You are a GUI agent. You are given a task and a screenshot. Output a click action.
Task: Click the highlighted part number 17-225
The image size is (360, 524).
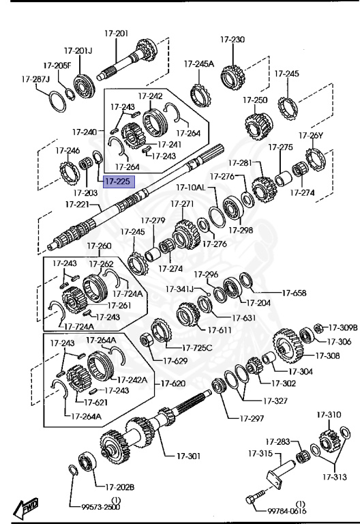(118, 181)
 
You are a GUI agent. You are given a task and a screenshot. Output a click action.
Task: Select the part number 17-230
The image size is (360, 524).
(232, 40)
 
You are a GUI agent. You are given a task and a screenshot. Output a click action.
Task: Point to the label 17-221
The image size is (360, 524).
(77, 204)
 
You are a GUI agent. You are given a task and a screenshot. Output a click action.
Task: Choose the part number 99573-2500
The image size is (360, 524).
(95, 506)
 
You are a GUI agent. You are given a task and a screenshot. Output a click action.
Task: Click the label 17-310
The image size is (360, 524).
(329, 414)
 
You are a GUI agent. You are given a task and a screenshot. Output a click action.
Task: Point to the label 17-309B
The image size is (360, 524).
(344, 327)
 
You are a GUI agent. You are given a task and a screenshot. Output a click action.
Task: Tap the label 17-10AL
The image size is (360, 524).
(191, 187)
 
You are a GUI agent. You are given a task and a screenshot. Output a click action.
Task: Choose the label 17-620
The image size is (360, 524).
(172, 384)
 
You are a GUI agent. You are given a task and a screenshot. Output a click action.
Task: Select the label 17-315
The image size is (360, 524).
(260, 453)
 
